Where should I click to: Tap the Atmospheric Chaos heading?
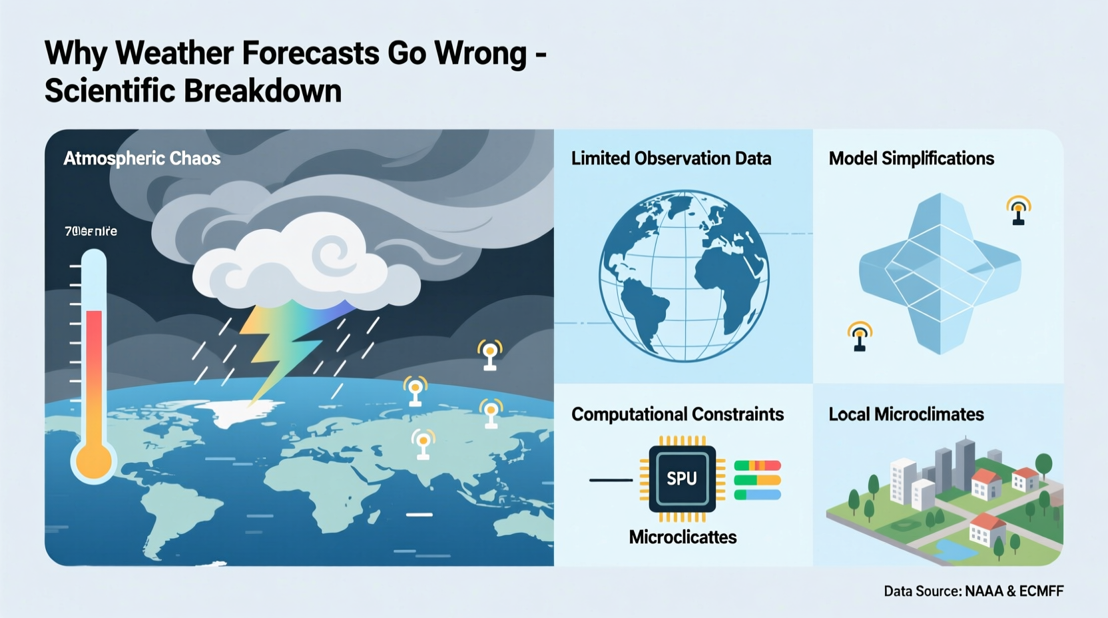tap(142, 158)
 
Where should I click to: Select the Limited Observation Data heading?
tap(671, 158)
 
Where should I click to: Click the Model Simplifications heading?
tap(911, 158)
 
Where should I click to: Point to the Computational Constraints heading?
tap(677, 414)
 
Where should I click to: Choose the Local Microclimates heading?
tap(906, 414)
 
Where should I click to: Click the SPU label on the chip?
tap(681, 478)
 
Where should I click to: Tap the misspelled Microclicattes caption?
tap(683, 537)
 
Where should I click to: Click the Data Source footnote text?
tap(973, 591)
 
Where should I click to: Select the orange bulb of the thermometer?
tap(94, 461)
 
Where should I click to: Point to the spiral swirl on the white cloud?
tap(332, 256)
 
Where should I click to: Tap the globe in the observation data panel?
tap(684, 276)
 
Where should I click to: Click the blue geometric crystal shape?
tap(940, 273)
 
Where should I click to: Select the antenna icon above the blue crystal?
tap(1018, 210)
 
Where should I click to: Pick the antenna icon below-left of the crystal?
tap(860, 336)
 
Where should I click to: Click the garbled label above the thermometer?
tap(91, 231)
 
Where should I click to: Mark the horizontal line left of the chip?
tap(610, 479)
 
